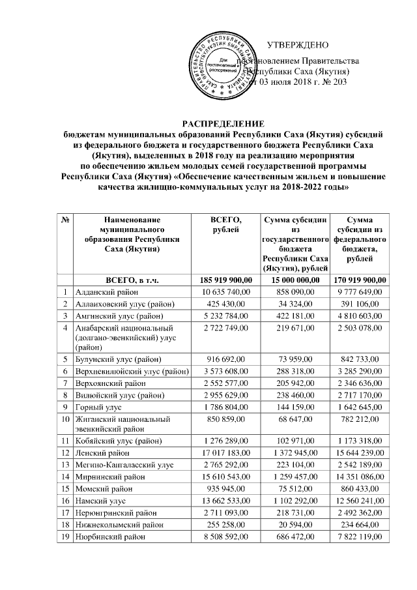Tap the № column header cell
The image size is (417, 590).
pos(66,221)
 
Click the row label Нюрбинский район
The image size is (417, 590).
pos(109,539)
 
